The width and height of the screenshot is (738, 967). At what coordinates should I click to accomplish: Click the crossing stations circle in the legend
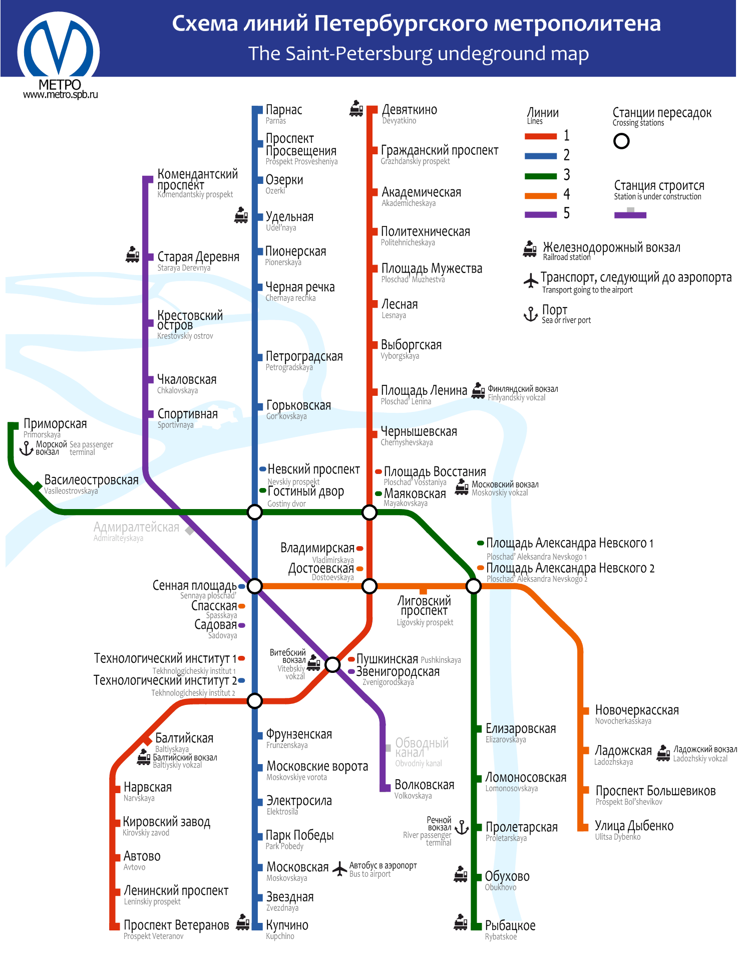click(x=621, y=141)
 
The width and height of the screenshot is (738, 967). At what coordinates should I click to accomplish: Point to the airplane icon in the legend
click(x=531, y=281)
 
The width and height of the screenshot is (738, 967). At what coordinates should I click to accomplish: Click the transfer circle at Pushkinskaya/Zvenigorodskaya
click(x=332, y=664)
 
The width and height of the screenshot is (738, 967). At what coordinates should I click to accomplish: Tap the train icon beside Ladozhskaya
click(x=663, y=753)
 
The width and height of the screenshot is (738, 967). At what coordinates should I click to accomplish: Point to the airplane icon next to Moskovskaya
click(x=340, y=868)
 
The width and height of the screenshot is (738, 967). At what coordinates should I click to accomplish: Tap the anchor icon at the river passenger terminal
click(x=462, y=827)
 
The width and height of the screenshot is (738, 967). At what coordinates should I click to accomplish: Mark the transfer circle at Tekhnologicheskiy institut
click(x=255, y=700)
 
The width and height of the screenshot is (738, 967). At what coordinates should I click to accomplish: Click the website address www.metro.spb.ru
click(x=61, y=95)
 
